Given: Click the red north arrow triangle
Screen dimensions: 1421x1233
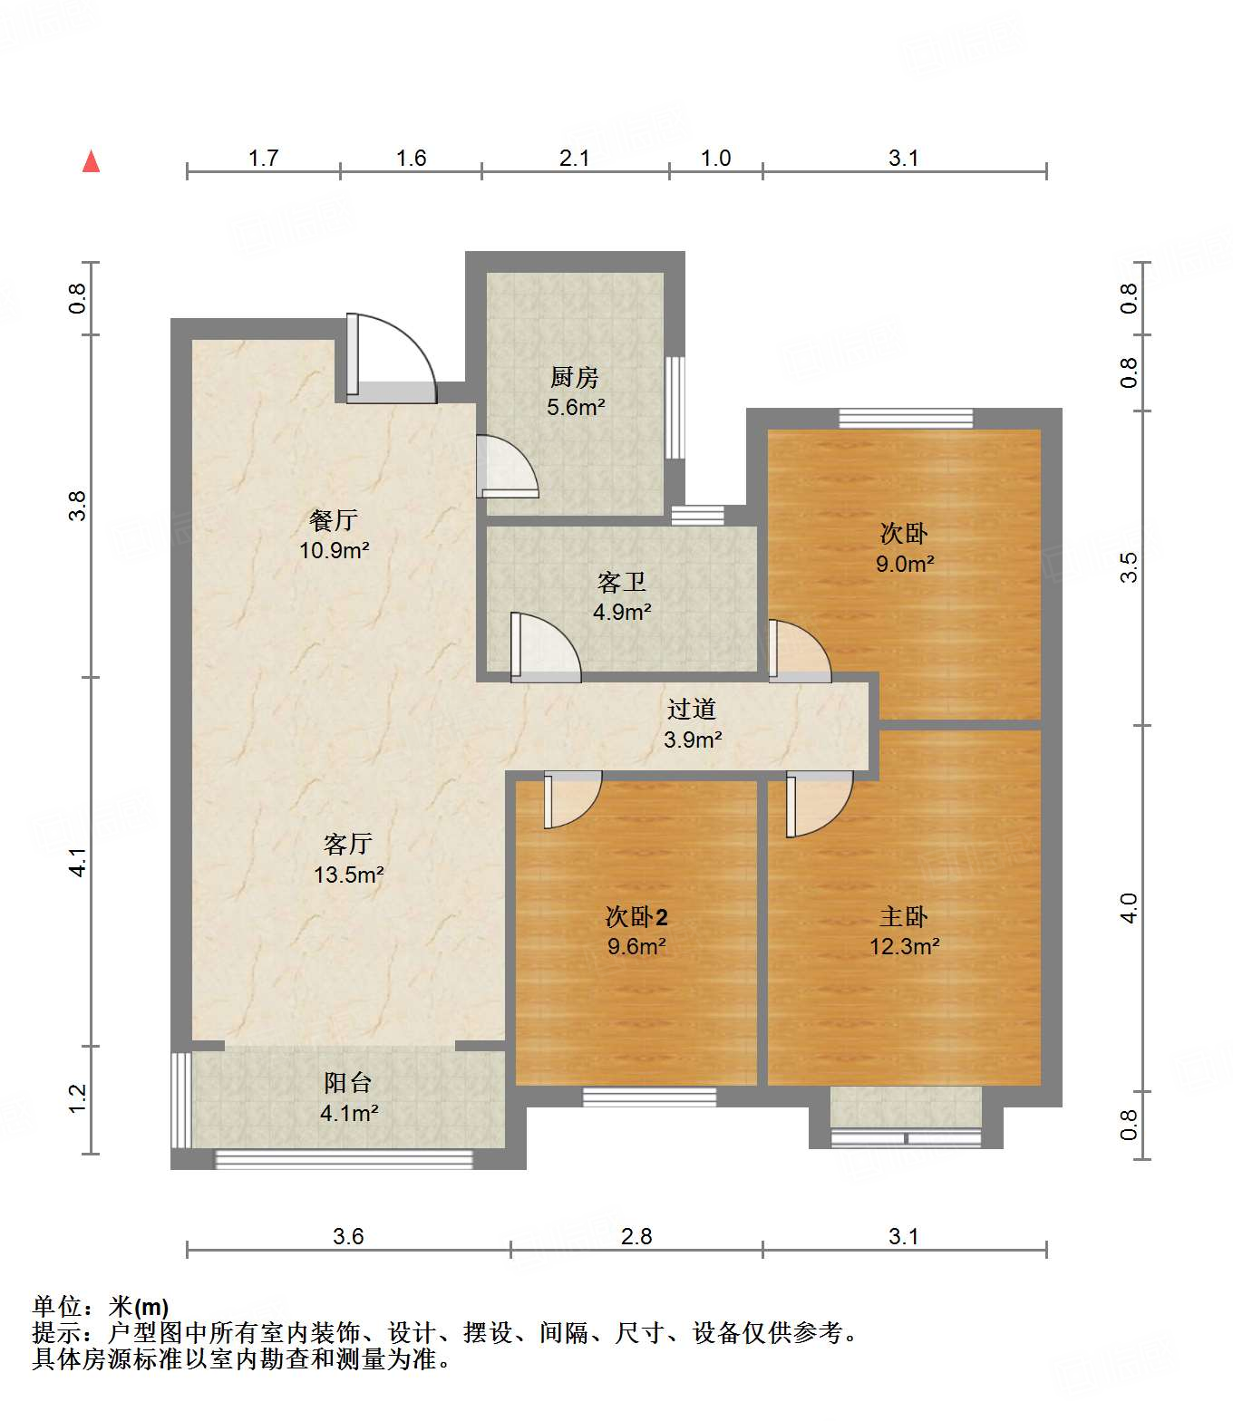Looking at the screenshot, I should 91,162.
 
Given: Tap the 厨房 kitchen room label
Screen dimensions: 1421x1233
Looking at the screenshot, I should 575,377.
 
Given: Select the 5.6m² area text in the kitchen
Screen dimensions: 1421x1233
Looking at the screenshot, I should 576,408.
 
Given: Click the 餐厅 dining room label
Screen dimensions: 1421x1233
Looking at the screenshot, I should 334,520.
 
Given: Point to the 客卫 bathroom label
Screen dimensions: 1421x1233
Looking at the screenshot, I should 622,582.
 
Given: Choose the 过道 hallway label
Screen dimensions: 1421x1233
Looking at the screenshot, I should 692,710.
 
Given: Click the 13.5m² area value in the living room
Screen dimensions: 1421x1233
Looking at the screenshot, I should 349,875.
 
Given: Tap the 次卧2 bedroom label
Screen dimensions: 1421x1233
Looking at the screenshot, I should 636,917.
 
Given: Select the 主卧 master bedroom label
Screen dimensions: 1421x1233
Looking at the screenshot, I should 904,917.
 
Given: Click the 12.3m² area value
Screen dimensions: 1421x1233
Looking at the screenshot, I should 904,947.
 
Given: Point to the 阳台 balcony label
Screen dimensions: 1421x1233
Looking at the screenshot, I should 348,1083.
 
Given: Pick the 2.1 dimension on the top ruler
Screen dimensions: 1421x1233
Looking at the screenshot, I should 575,159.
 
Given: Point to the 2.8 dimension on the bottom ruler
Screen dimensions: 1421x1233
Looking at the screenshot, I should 636,1237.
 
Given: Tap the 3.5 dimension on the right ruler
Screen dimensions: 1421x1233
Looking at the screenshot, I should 1129,567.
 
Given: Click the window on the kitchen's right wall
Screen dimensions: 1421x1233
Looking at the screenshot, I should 675,407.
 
